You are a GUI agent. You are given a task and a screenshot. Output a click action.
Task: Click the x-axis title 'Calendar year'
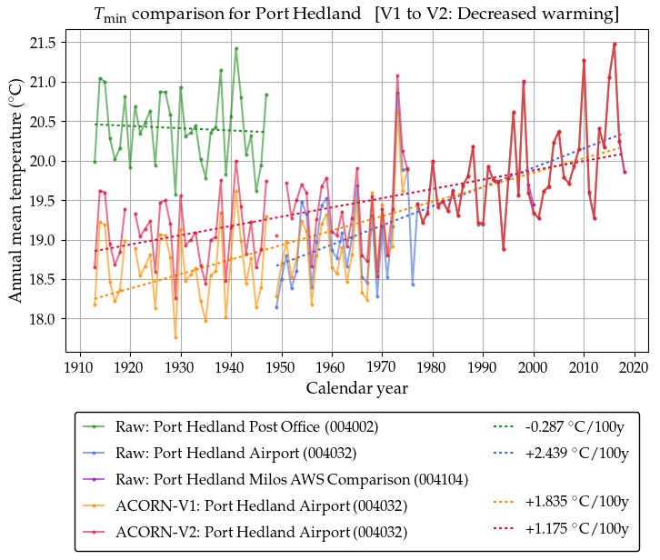pyautogui.click(x=356, y=388)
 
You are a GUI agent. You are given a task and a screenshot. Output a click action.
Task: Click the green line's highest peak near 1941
pyautogui.click(x=236, y=48)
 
